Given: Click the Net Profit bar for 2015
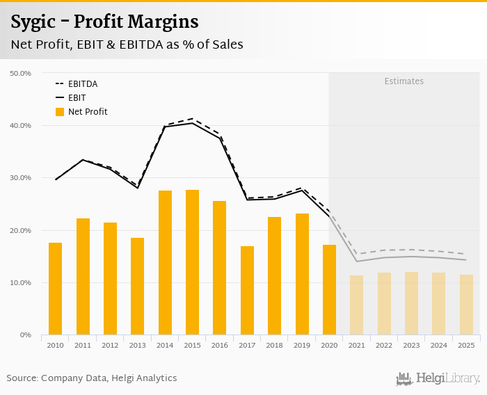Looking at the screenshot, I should pyautogui.click(x=192, y=262).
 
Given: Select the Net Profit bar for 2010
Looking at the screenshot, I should pyautogui.click(x=56, y=289).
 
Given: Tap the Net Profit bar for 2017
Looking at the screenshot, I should pyautogui.click(x=247, y=291).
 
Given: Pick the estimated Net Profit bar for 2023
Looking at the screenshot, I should pyautogui.click(x=411, y=303).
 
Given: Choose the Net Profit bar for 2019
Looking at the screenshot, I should pyautogui.click(x=302, y=274).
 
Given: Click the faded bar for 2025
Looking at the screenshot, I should pyautogui.click(x=466, y=305).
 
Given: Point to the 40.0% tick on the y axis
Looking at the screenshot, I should pyautogui.click(x=21, y=126).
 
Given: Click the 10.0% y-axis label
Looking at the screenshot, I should pyautogui.click(x=21, y=283).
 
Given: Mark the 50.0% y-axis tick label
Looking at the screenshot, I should pyautogui.click(x=21, y=73).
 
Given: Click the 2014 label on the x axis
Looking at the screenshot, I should pyautogui.click(x=165, y=345).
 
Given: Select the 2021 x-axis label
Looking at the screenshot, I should pyautogui.click(x=356, y=345).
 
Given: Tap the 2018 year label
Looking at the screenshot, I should pyautogui.click(x=274, y=345).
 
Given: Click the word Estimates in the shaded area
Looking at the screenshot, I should pyautogui.click(x=404, y=81).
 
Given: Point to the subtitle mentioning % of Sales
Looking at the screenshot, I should pyautogui.click(x=127, y=45).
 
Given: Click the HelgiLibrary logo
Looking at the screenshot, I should pyautogui.click(x=438, y=378).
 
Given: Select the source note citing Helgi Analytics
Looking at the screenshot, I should pyautogui.click(x=92, y=378).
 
